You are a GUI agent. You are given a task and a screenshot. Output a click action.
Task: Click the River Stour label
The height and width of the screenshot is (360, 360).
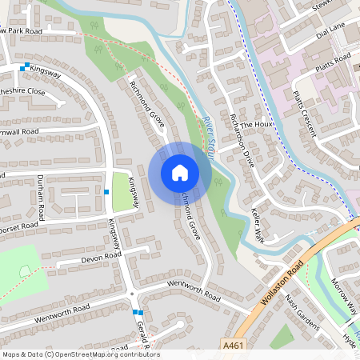click(209, 136)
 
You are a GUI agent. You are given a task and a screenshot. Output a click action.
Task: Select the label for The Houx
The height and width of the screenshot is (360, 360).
click(257, 126)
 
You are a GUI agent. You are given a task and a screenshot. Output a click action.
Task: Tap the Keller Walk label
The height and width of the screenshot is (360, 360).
click(258, 217)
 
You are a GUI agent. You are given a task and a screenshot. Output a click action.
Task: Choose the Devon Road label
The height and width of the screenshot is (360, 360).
click(100, 257)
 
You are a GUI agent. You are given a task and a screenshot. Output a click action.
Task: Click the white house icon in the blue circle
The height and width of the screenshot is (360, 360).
click(180, 173)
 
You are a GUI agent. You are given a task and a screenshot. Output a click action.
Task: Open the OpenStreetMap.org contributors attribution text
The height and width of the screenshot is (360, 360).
click(81, 354)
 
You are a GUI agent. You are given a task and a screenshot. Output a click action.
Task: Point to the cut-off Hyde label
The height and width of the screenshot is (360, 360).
click(350, 339)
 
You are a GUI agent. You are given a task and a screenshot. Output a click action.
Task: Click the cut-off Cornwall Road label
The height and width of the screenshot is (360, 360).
click(19, 131)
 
